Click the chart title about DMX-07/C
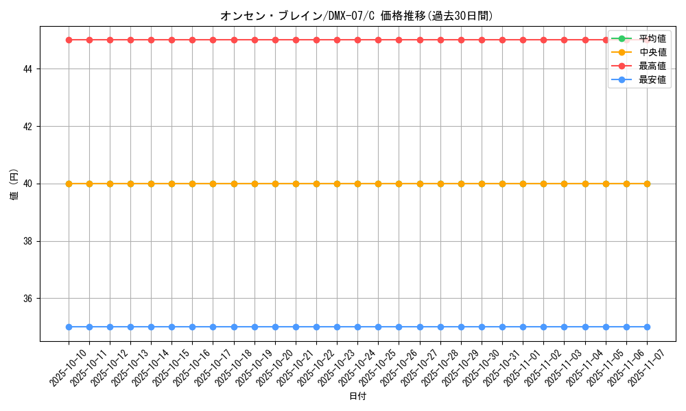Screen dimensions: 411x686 coord(357,16)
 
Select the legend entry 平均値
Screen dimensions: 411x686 coord(652,38)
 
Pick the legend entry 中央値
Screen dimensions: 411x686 coord(652,52)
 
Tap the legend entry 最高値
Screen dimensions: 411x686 coord(652,66)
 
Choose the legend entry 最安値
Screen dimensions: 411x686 coord(652,79)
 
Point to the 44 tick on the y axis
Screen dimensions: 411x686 coord(30,69)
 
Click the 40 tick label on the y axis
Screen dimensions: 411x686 coord(30,184)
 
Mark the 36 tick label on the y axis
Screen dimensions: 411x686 coord(30,299)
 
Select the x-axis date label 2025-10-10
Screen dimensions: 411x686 coord(69,367)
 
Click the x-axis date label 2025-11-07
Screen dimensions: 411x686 coord(647,367)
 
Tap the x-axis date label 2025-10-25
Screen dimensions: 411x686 coord(378,367)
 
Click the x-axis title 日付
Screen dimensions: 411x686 coord(357,397)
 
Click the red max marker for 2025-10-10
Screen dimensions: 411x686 coord(69,40)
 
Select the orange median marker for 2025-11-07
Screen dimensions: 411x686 coord(647,184)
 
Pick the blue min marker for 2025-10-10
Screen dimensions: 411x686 coord(69,327)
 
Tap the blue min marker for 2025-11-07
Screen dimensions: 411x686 coord(647,327)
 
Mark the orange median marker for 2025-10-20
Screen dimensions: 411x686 coord(275,184)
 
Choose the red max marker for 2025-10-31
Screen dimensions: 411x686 coord(502,40)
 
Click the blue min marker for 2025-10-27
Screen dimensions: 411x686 coord(420,327)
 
